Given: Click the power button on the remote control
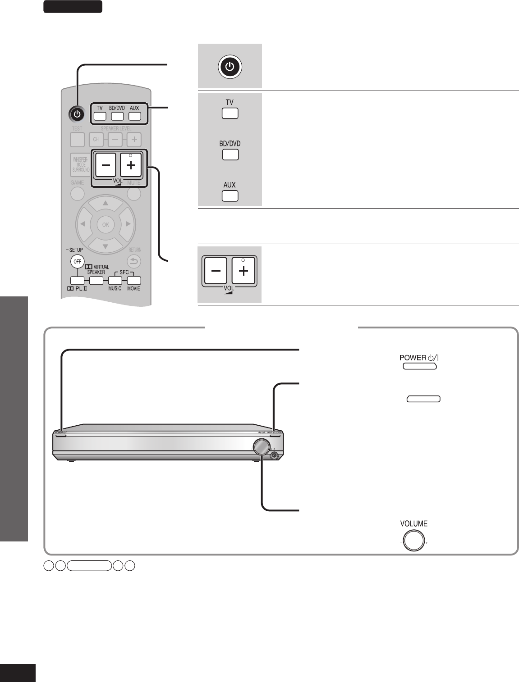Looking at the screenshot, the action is (x=77, y=114).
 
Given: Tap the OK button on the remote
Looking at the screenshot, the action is (x=105, y=224).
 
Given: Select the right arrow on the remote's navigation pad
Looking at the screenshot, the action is (x=128, y=224).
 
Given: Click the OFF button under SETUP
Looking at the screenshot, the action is (x=77, y=261).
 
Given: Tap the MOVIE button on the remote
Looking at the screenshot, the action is (x=134, y=280).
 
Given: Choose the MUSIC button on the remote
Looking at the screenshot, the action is (x=115, y=280).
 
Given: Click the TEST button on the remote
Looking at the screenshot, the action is (x=77, y=140).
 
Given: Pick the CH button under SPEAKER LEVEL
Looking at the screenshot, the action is (x=96, y=140).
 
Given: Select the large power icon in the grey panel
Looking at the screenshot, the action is (x=230, y=67).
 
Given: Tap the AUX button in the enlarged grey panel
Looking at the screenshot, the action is (x=230, y=196).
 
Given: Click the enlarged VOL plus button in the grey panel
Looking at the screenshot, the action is (x=243, y=272).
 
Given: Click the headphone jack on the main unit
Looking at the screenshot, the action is (x=274, y=455).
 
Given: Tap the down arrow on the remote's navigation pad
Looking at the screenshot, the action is (x=105, y=246).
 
